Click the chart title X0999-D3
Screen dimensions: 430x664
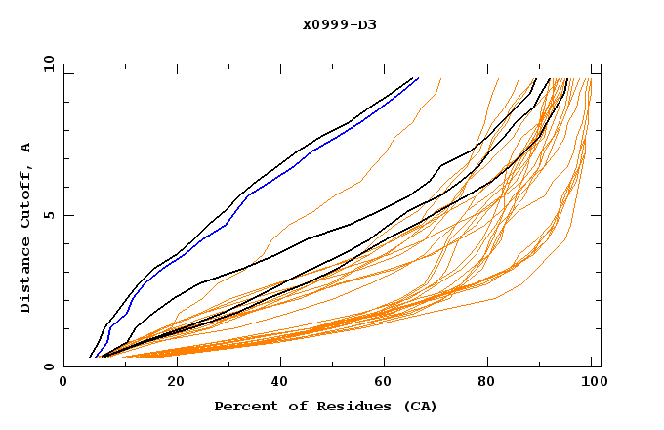[339, 24]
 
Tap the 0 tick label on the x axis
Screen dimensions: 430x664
[63, 385]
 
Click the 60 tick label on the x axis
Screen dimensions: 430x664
[381, 385]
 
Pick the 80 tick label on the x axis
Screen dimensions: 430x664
[486, 385]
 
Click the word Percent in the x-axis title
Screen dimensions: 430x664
[242, 407]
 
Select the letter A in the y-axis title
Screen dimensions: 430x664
[25, 148]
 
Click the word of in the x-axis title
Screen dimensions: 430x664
[293, 407]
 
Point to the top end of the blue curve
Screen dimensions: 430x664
[417, 78]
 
